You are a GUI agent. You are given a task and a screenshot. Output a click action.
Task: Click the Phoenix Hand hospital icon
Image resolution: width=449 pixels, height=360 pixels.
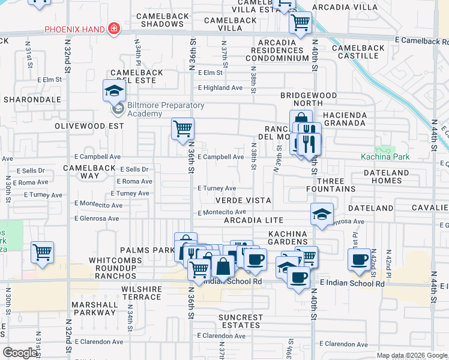pyautogui.click(x=113, y=29)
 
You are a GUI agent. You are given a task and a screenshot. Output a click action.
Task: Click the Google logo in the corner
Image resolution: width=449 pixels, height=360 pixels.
pyautogui.click(x=20, y=353)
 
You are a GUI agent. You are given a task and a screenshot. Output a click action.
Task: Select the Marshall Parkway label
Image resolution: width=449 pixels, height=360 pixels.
pyautogui.click(x=94, y=308)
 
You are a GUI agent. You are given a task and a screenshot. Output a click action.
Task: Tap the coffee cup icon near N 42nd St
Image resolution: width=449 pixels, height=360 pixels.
pyautogui.click(x=359, y=259)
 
